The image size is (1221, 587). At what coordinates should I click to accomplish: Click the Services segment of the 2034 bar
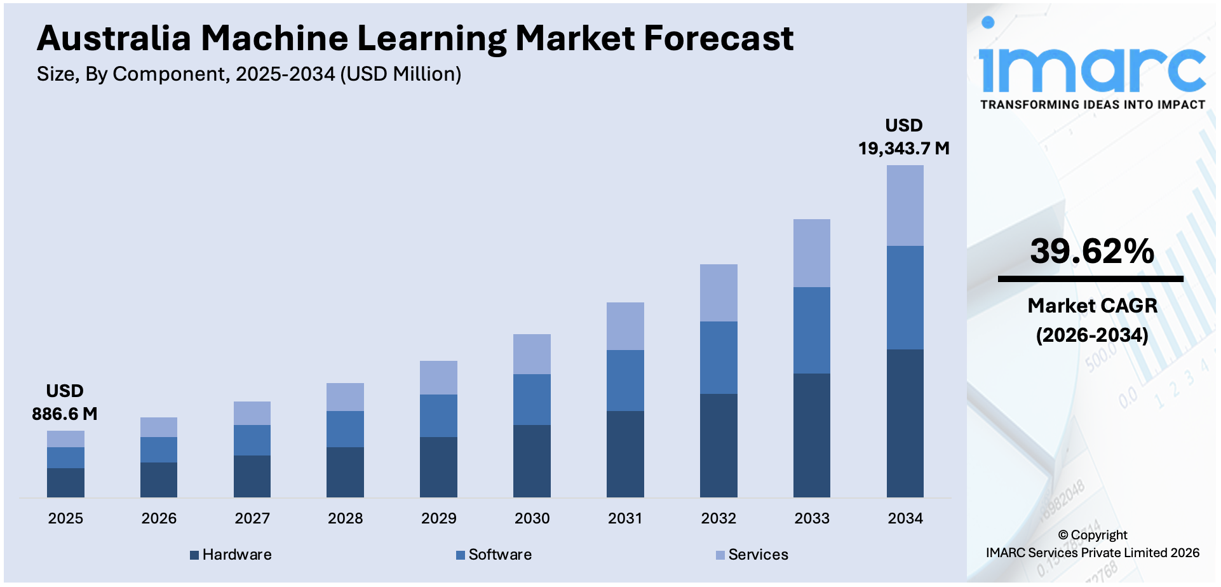pos(905,205)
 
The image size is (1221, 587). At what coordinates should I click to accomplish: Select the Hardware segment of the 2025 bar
pos(65,482)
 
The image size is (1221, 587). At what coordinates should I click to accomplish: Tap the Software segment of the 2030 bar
pos(532,399)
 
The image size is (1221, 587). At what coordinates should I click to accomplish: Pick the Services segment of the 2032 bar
pos(718,292)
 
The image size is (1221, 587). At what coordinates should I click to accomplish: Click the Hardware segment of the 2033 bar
pos(811,435)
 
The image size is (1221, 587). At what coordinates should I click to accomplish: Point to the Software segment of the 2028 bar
pos(345,429)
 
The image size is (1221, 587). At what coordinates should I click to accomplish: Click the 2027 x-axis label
pos(252,518)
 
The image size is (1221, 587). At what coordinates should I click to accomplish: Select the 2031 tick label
pos(625,518)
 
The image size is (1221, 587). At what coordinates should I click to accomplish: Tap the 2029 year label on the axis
pos(439,518)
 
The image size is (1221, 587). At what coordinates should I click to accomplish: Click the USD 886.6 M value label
pos(65,403)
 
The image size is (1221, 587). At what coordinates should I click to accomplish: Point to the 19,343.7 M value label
pos(903,149)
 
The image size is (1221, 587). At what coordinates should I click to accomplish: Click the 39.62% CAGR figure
pos(1092,251)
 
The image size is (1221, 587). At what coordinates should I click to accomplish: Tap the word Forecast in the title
pos(718,38)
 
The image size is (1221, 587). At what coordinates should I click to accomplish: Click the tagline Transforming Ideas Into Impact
pos(1092,105)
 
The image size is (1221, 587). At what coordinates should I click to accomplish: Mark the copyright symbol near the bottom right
pos(1063,536)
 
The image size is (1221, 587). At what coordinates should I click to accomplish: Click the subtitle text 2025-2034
pos(285,74)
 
